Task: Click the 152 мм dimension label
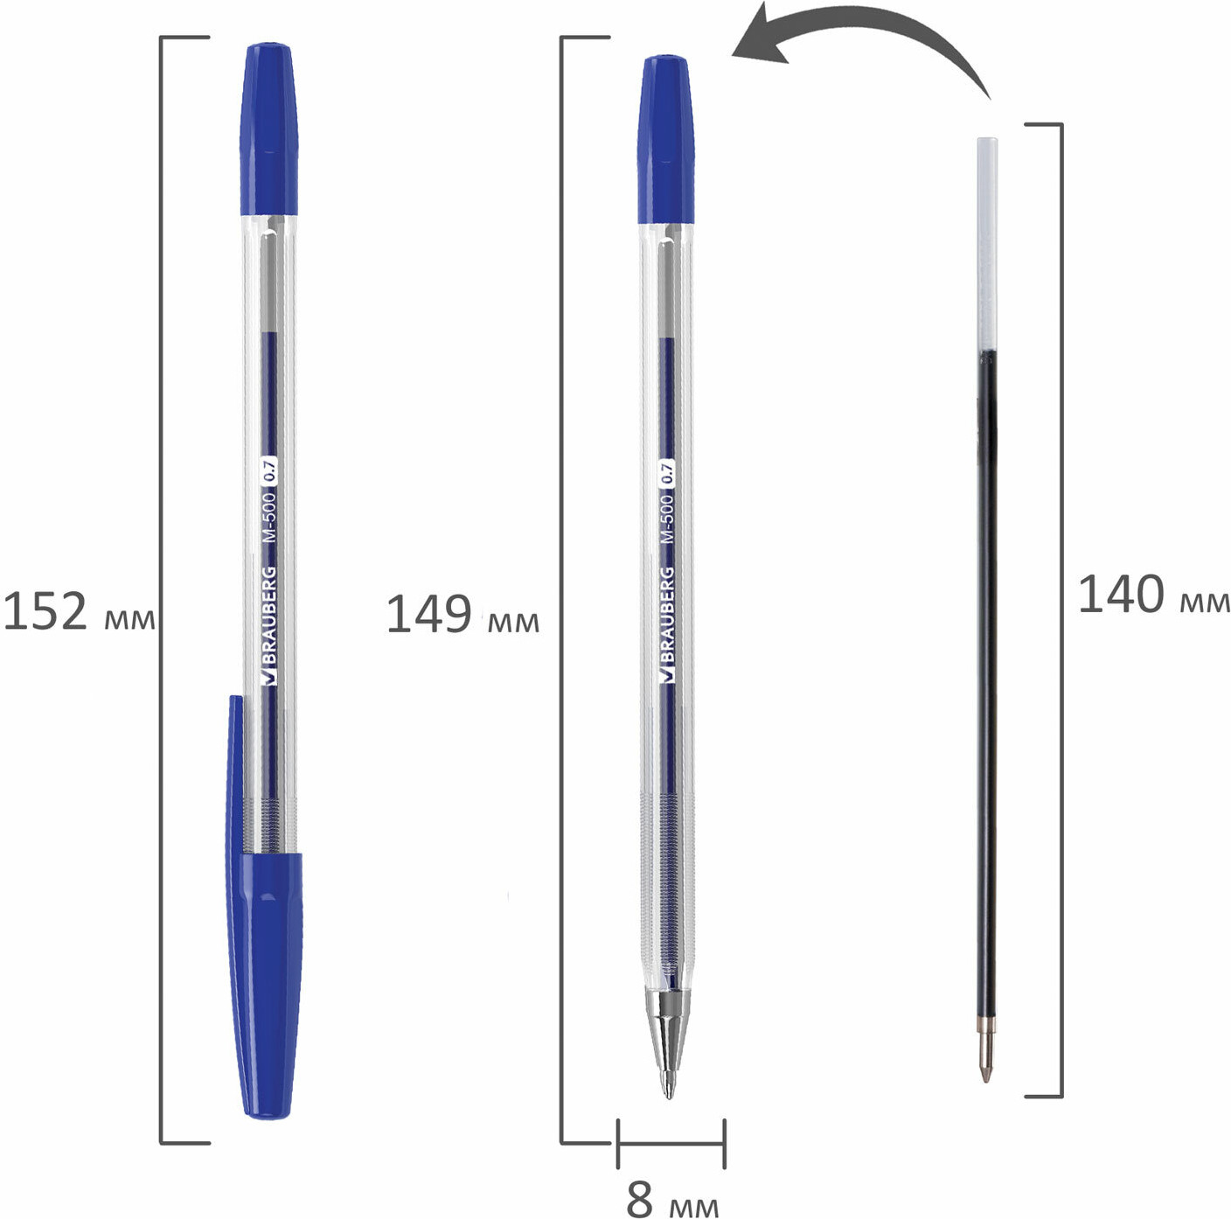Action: point(79,612)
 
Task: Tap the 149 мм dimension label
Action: point(462,614)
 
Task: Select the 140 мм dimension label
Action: point(1154,596)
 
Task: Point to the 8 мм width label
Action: point(672,1194)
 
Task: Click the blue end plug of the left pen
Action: point(269,129)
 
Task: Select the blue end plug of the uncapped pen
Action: point(665,139)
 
